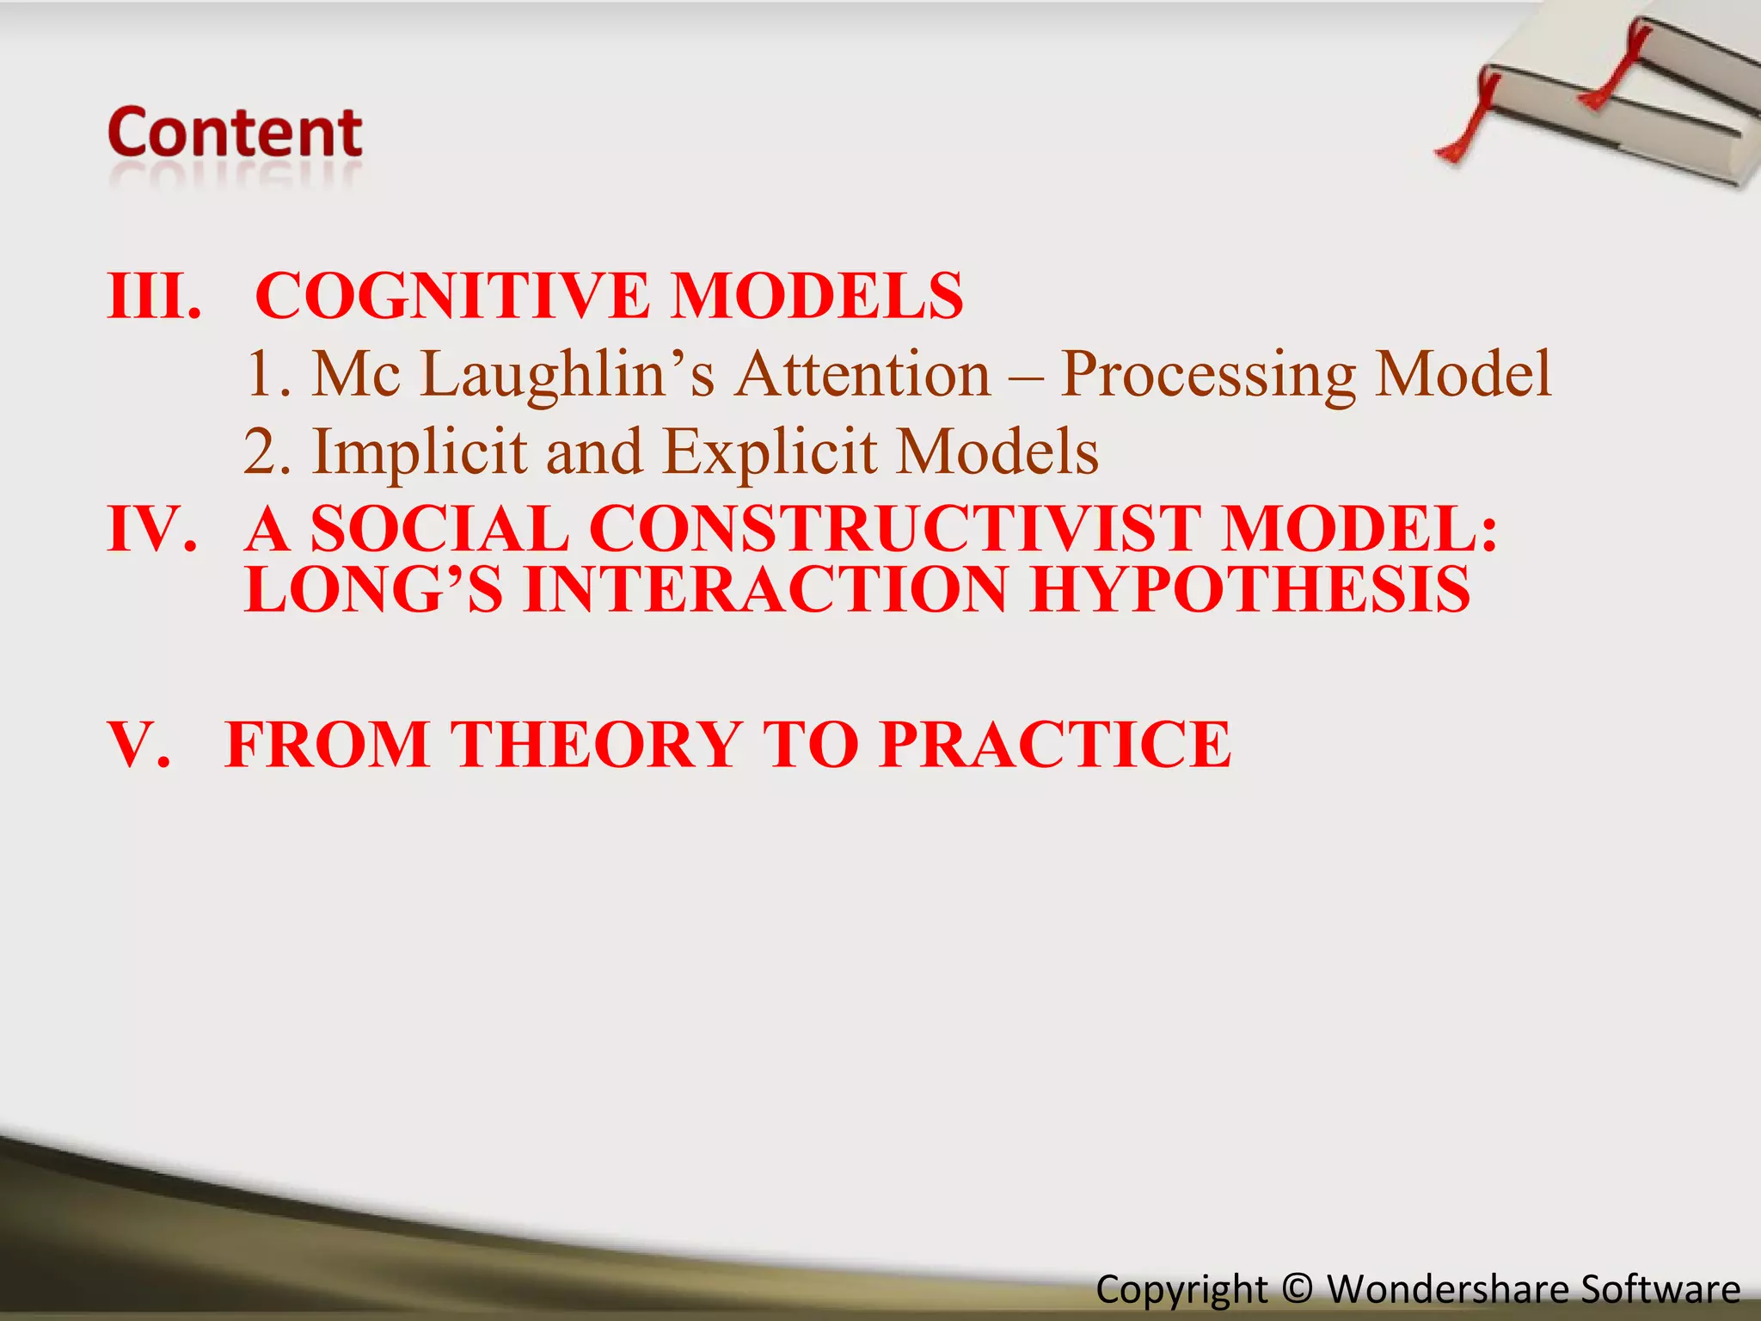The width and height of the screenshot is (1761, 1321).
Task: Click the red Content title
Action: (x=235, y=133)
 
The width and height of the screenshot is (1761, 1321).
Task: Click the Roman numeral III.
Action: (x=153, y=296)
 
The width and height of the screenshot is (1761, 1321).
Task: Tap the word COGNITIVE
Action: (x=452, y=296)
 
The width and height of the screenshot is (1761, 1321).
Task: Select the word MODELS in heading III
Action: (x=817, y=296)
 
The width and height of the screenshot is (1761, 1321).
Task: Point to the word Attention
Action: (x=864, y=375)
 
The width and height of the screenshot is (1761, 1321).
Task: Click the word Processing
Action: (x=1208, y=375)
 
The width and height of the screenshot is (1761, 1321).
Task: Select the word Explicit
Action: (x=770, y=452)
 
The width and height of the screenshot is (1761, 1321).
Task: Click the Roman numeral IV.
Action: (x=151, y=528)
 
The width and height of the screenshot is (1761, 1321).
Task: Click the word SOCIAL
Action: (x=439, y=528)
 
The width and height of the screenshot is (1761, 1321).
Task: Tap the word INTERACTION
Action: (x=765, y=590)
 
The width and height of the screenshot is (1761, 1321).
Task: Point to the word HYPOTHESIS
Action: (x=1251, y=590)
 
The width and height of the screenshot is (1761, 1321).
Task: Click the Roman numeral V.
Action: (x=138, y=744)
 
